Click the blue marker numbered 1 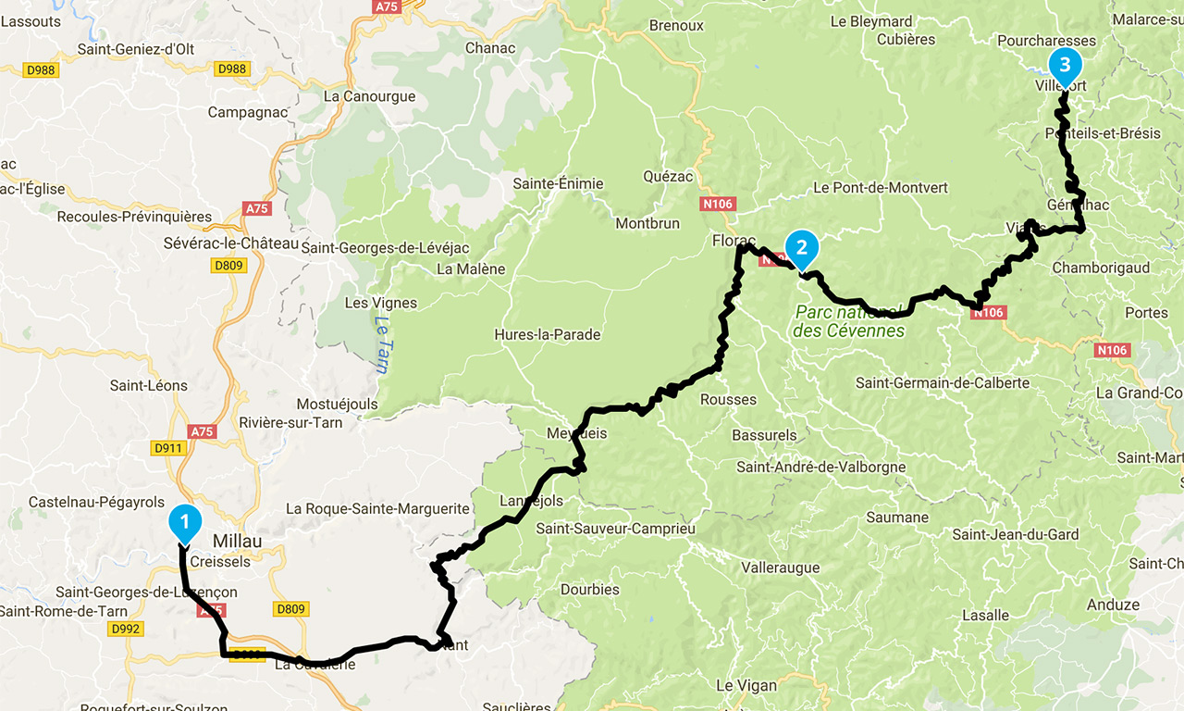click(x=184, y=523)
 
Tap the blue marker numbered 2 click(x=801, y=248)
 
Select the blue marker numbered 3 click(x=1064, y=66)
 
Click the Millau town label click(x=238, y=541)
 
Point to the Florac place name click(x=734, y=241)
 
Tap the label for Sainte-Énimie click(x=558, y=183)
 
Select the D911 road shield click(x=169, y=448)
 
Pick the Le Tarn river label click(x=381, y=344)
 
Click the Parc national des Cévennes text click(x=849, y=321)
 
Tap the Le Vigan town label click(x=746, y=686)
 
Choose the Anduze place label click(x=1114, y=605)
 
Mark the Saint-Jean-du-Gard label click(x=1016, y=534)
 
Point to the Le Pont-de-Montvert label click(x=881, y=187)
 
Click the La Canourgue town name click(x=369, y=96)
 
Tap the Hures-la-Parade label click(x=547, y=334)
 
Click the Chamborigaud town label click(x=1101, y=268)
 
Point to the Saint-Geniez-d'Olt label click(x=136, y=50)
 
